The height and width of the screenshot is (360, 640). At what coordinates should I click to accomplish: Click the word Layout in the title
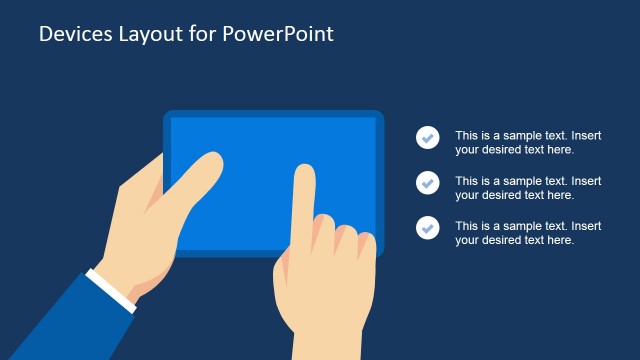(x=145, y=34)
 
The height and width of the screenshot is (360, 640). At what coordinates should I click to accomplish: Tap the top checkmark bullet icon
(x=428, y=138)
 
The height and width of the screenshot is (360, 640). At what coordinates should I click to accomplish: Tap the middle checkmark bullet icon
(x=428, y=183)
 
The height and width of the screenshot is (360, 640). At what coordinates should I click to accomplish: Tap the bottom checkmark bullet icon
(x=428, y=228)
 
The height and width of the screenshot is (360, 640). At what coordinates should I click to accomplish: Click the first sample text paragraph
(x=528, y=142)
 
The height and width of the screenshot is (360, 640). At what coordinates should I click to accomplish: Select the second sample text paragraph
(x=528, y=187)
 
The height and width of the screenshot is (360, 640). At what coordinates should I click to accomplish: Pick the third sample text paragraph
(x=528, y=232)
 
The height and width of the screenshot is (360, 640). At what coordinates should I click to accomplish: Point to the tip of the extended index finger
(x=304, y=172)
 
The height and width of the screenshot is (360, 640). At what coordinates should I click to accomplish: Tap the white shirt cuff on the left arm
(x=111, y=289)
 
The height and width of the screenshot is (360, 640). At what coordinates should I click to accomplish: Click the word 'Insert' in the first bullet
(x=586, y=135)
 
